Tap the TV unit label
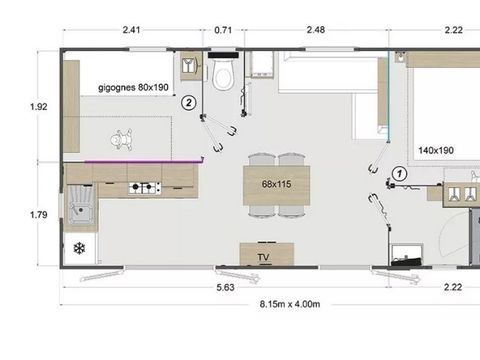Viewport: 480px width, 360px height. point(264,257)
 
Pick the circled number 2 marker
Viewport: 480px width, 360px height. point(188,101)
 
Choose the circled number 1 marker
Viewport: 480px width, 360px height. point(398,173)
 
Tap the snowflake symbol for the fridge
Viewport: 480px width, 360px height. point(79,247)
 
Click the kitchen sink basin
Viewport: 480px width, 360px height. point(79,208)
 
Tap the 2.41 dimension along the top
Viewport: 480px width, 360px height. point(131,30)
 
